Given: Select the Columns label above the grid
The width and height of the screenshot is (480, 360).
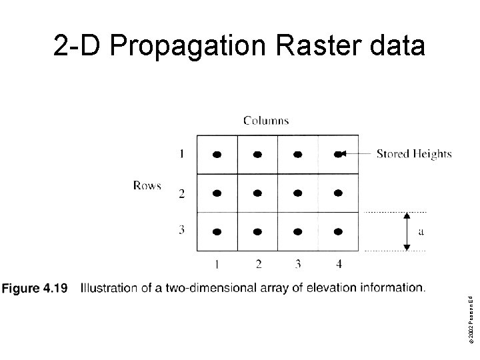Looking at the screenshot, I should (266, 121).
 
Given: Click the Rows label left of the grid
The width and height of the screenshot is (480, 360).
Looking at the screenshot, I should (147, 185).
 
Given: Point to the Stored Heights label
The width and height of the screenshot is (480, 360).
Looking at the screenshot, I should (414, 154).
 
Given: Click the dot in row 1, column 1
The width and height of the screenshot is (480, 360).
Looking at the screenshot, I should (217, 154).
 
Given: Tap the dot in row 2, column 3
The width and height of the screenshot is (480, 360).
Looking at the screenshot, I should (297, 193).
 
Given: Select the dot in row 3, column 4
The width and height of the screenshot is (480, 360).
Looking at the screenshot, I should (338, 232).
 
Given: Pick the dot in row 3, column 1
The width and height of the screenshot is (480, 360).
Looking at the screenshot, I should (217, 232).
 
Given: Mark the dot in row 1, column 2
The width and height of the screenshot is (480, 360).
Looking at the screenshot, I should (257, 154).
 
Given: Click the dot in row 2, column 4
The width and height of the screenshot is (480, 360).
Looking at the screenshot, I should (338, 193).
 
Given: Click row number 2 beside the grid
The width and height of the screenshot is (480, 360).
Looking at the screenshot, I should (181, 194).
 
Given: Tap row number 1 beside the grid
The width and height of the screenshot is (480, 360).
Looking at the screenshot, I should (181, 155).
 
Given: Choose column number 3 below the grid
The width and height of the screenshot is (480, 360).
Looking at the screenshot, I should (298, 264).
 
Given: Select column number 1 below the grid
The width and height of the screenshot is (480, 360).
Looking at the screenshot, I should (217, 264).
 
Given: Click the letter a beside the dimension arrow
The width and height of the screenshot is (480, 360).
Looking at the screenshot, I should (420, 232).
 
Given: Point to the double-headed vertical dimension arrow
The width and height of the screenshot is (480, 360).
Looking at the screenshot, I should (407, 231).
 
